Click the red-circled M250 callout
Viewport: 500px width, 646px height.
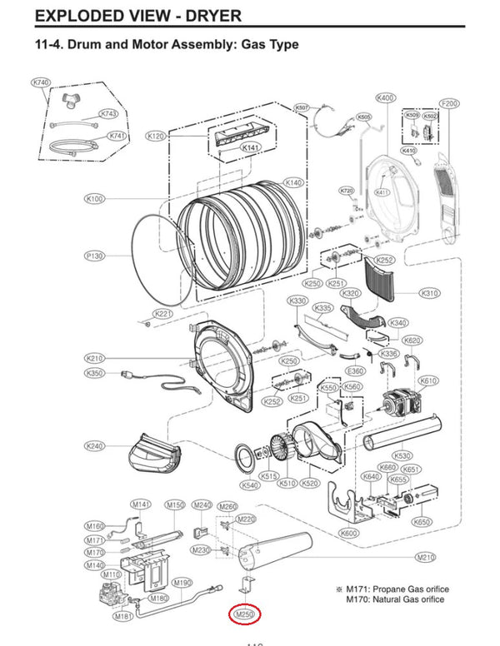click(x=245, y=614)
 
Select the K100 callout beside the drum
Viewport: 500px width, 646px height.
click(x=94, y=199)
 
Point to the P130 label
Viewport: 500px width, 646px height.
click(x=94, y=256)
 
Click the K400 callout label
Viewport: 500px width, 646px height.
click(x=386, y=98)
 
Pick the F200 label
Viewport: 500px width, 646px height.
click(x=449, y=103)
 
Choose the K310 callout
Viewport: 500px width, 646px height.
click(x=430, y=294)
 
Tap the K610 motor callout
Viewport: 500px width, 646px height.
click(x=428, y=380)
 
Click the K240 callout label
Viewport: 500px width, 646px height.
click(x=95, y=446)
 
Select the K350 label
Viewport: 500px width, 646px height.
click(x=95, y=374)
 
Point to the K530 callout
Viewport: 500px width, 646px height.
click(x=402, y=455)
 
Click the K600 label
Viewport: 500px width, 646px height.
click(x=349, y=533)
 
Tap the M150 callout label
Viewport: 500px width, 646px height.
click(x=174, y=504)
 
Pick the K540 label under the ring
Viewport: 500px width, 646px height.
click(x=248, y=484)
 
